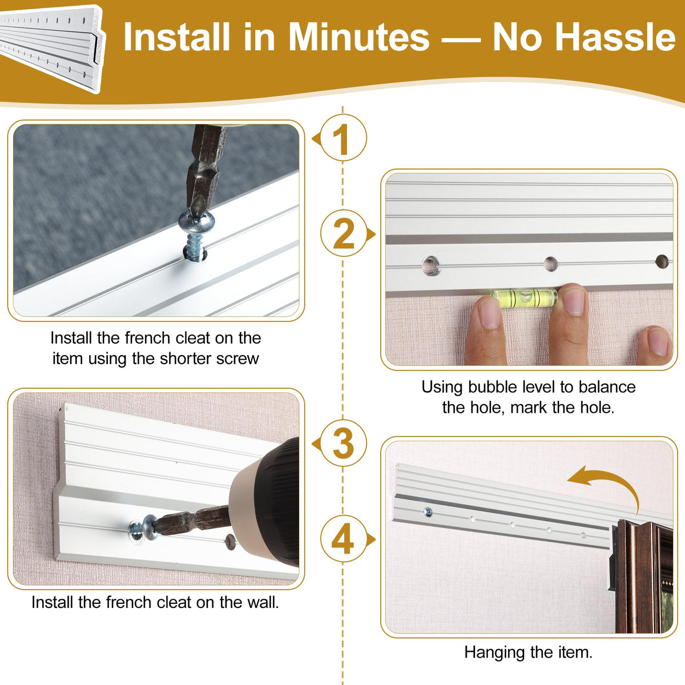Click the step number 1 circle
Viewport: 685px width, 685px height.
pyautogui.click(x=344, y=138)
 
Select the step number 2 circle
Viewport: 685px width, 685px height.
pyautogui.click(x=344, y=233)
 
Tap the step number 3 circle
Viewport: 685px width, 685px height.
pyautogui.click(x=344, y=443)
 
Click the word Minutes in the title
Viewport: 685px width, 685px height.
pyautogui.click(x=359, y=37)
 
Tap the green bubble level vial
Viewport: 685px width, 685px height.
pyautogui.click(x=524, y=297)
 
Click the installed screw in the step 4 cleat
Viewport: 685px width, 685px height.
pyautogui.click(x=428, y=512)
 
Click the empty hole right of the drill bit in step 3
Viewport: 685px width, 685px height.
pyautogui.click(x=230, y=542)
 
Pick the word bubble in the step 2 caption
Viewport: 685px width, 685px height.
pyautogui.click(x=489, y=387)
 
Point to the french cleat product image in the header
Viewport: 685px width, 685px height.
pyautogui.click(x=52, y=49)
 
